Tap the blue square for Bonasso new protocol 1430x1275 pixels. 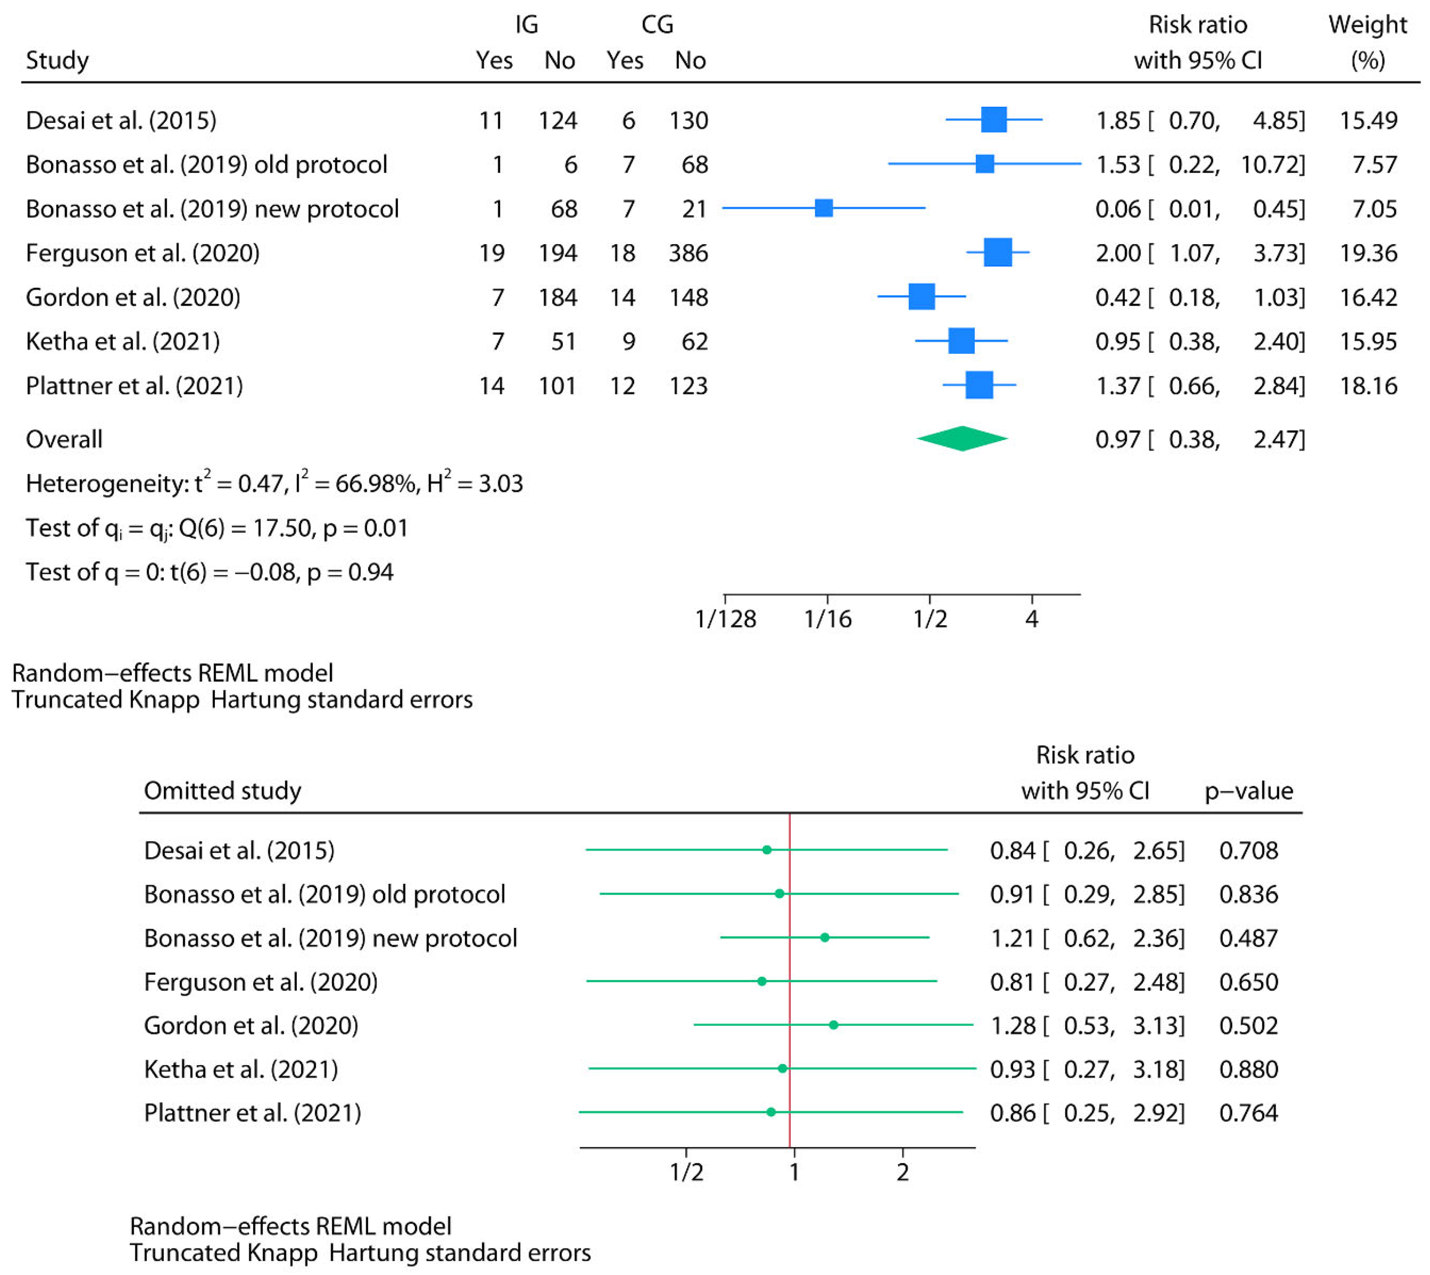[x=823, y=208]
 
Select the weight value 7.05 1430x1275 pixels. [x=1374, y=209]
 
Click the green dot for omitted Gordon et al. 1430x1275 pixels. [x=833, y=1025]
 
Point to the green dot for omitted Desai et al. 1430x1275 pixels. [x=766, y=850]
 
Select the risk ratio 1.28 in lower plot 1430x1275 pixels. [x=1012, y=1026]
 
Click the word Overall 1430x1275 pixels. [x=64, y=439]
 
